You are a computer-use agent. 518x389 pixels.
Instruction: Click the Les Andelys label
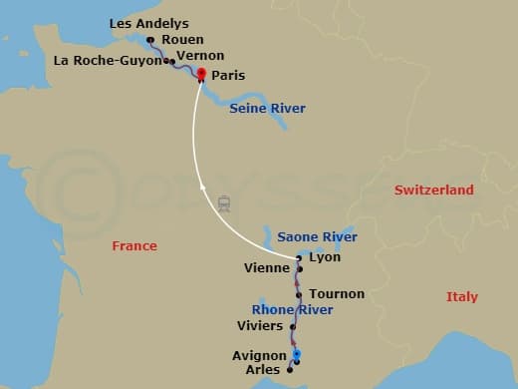coord(148,23)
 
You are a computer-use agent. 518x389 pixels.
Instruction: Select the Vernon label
coord(199,56)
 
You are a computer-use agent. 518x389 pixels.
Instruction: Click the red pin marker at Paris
coord(201,75)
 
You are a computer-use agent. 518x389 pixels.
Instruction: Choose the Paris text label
coord(228,75)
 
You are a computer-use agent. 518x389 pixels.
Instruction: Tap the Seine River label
coord(267,108)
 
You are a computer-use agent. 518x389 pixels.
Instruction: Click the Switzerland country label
coord(433,190)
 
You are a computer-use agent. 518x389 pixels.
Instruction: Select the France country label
coord(134,245)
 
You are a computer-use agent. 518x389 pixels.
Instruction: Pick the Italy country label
coord(461,296)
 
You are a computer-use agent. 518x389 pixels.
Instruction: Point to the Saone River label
coord(317,237)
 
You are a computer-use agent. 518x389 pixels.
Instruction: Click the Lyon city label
coord(325,257)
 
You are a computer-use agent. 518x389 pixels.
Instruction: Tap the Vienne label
coord(267,268)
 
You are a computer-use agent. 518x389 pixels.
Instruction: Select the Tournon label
coord(337,294)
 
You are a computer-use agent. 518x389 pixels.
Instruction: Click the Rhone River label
coord(292,310)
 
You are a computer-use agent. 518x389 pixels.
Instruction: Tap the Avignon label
coord(259,355)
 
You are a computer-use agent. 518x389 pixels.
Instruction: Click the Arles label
coord(262,370)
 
